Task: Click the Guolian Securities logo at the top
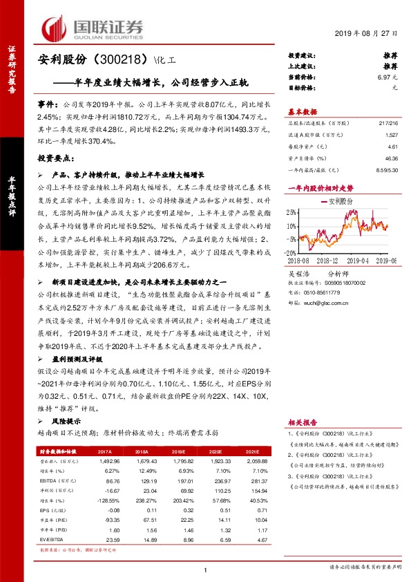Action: tap(93, 27)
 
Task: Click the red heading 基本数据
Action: tap(302, 111)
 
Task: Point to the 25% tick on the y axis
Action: tap(294, 212)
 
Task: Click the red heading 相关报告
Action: tap(302, 422)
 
